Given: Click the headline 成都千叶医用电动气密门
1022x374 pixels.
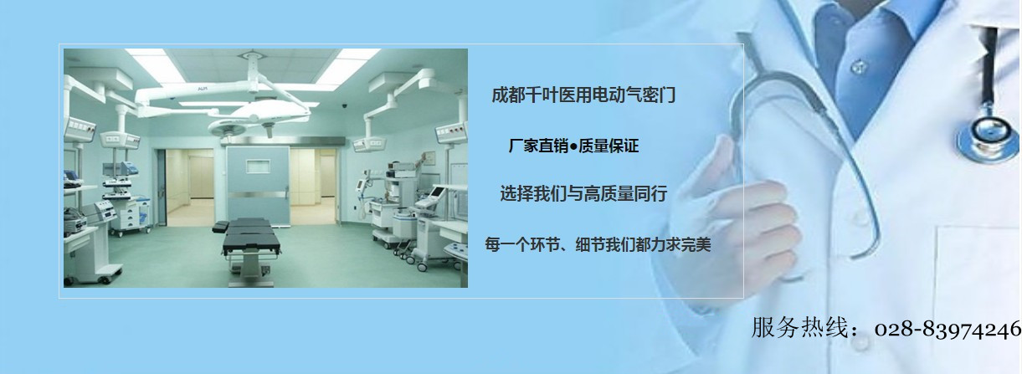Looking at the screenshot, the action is [x=583, y=95].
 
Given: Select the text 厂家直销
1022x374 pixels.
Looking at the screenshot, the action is [x=538, y=146].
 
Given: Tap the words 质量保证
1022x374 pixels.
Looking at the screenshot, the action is [x=609, y=146].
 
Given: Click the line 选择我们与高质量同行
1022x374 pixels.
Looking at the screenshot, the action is [x=583, y=194].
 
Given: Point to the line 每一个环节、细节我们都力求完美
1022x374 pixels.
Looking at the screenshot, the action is [x=598, y=244].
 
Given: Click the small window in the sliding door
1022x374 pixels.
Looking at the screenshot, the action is [x=259, y=166].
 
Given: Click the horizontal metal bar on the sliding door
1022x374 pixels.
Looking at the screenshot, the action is [x=259, y=195].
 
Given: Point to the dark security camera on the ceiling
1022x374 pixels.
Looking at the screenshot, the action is [x=345, y=105].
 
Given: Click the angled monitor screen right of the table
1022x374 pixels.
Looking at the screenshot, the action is [x=437, y=192].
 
